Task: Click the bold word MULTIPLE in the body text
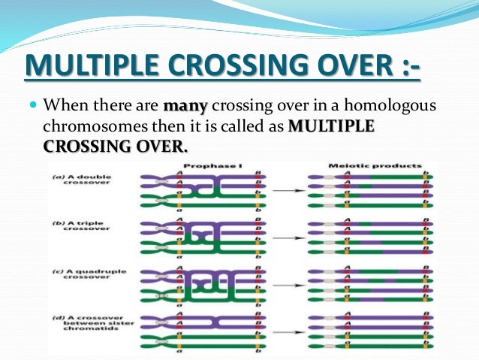point(331,126)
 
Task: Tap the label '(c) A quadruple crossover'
point(82,276)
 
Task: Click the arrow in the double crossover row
point(283,192)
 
